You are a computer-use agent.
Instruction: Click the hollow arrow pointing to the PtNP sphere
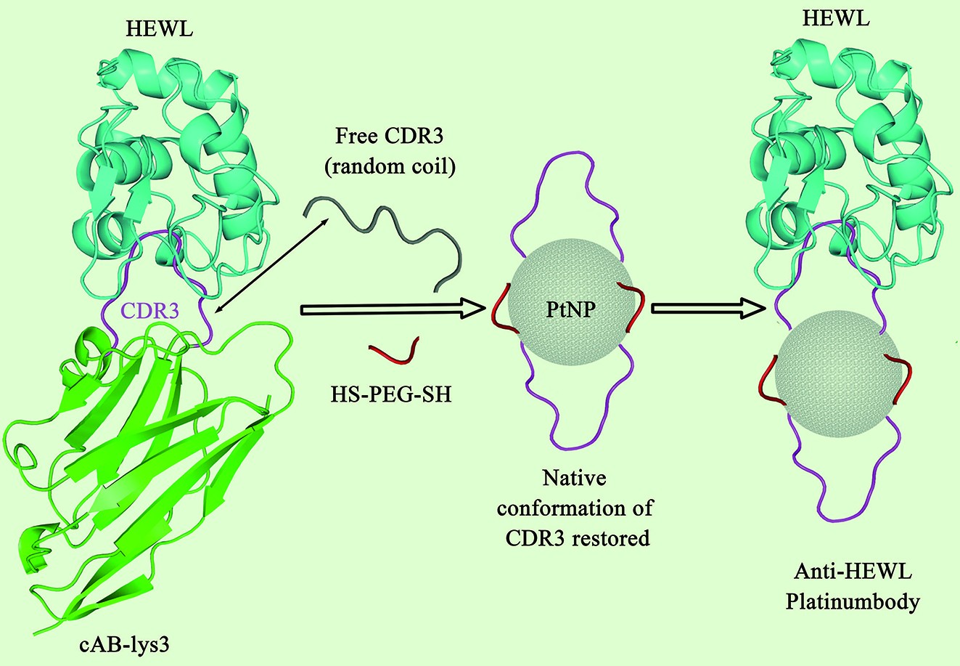[x=392, y=309]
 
